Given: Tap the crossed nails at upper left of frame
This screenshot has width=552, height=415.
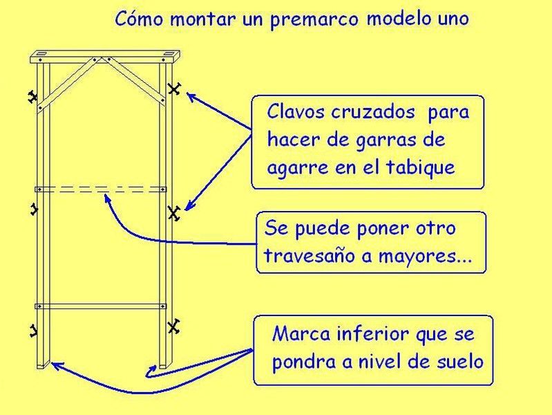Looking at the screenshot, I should [x=31, y=98].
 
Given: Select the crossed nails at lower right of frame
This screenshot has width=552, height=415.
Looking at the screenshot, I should [x=173, y=325].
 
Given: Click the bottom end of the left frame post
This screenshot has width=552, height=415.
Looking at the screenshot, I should [x=41, y=365].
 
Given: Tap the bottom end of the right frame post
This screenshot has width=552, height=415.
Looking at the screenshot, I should [x=164, y=365].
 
